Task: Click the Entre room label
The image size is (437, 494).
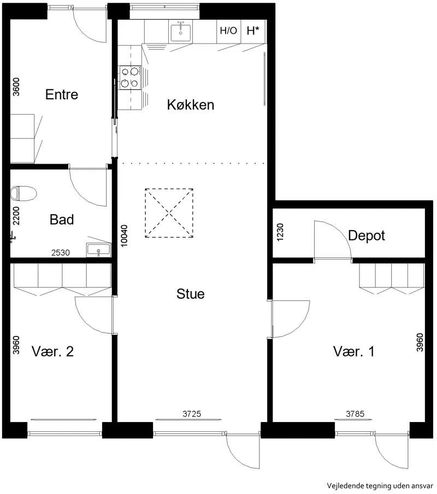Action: pos(62,94)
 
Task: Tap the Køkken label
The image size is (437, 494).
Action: pos(191,105)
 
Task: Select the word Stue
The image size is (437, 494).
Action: pos(191,294)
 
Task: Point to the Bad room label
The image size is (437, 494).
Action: pos(62,220)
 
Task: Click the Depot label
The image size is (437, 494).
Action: pos(367,236)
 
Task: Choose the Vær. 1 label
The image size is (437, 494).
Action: pos(354,352)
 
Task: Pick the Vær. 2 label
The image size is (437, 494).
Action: pos(52,352)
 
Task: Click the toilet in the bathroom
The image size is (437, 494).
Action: pos(23,194)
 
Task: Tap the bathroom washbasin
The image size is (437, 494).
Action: pos(98,250)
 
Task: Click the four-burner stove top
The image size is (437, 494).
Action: pos(130,77)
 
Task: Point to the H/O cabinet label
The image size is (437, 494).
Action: pos(228,31)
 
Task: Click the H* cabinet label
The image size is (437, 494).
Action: pos(253,31)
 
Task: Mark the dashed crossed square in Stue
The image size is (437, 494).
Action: pos(169,213)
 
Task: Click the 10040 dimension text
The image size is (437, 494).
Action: pos(125,236)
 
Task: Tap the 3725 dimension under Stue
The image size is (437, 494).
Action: pos(192,414)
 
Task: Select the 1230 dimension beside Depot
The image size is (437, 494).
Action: pos(280,232)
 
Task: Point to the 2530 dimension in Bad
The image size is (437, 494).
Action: pos(61,252)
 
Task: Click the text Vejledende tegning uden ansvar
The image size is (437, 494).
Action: pos(380,486)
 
